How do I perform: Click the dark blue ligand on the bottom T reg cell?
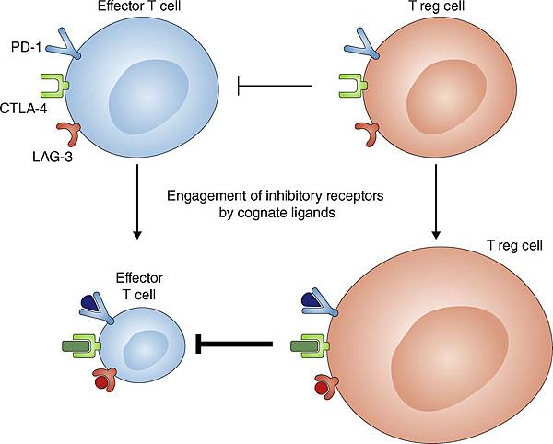coord(311,301)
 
